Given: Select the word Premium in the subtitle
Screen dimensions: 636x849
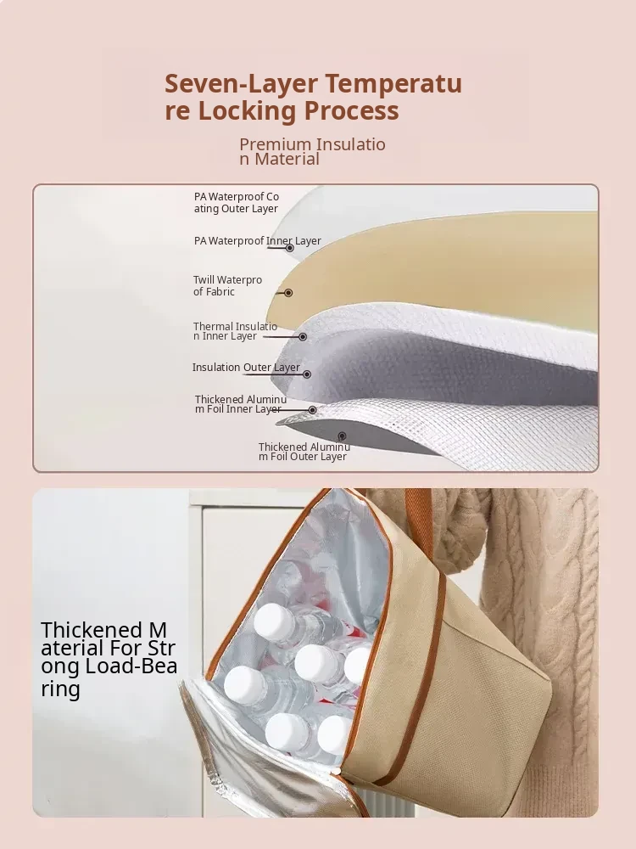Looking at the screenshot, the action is click(x=275, y=144).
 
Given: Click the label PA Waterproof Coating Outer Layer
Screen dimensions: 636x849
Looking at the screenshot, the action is click(x=237, y=203).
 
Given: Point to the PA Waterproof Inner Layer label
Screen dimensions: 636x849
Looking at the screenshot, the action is click(x=258, y=240).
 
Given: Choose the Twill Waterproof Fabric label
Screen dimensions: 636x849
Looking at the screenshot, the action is click(x=227, y=285).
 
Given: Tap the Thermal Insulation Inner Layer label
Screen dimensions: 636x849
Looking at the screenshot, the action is click(x=235, y=331).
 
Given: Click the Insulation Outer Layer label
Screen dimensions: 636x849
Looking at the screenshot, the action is click(x=246, y=367).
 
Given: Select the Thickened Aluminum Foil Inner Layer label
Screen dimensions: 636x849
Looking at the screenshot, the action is click(x=241, y=404).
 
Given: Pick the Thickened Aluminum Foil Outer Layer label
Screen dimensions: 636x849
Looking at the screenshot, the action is click(x=304, y=452).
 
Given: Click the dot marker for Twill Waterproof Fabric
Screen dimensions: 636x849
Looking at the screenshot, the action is click(x=288, y=293).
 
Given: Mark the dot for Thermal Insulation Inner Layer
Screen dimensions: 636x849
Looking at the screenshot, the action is click(x=303, y=337).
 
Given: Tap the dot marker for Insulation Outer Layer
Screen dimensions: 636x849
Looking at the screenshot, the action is click(x=307, y=374).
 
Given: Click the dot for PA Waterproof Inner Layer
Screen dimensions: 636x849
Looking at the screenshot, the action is click(x=290, y=248).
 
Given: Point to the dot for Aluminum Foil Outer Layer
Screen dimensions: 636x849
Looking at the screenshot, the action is click(x=342, y=436).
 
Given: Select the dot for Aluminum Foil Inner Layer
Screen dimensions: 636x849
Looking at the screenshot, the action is click(x=312, y=410).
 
